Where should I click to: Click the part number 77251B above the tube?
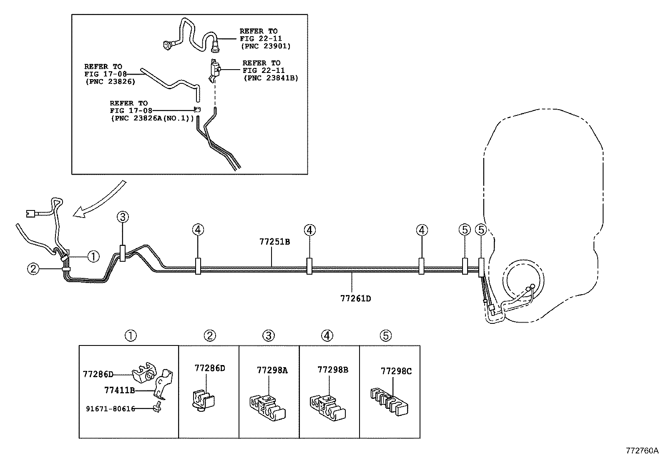coord(274,242)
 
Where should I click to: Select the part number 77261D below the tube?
coord(356,298)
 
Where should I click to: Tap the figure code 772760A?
coord(642,450)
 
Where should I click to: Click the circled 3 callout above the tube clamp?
coord(123,217)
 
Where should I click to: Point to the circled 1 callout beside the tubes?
coord(94,257)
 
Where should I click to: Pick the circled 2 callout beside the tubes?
coord(33,269)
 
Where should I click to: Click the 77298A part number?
coord(272,370)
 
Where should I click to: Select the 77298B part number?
coord(333,370)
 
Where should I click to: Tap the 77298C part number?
coord(396,371)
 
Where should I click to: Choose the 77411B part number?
coord(119,390)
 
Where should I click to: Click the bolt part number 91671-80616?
coord(111,409)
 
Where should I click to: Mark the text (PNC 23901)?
coord(265,46)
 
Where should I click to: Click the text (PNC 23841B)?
coord(271,78)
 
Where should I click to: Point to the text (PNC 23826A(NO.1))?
coord(152,118)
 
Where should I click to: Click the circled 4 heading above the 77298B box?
coord(328,335)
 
